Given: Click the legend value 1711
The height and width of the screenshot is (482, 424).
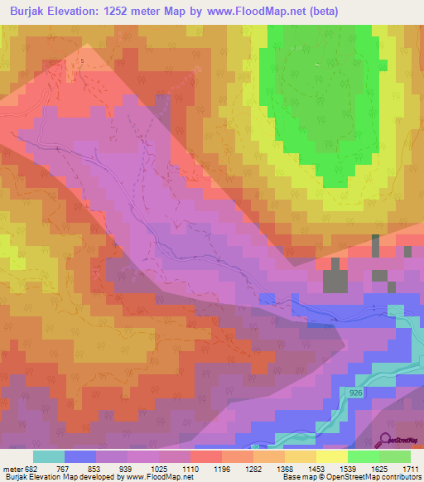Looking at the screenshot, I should [x=411, y=468].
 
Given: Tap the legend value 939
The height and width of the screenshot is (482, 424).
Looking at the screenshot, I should [x=129, y=468].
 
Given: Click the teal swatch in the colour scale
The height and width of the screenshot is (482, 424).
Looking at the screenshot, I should [x=49, y=456].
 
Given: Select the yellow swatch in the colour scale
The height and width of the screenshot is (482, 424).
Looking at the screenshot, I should [x=331, y=456].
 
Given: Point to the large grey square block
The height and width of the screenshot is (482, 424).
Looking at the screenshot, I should [x=335, y=281].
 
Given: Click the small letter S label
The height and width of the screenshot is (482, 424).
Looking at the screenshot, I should [x=81, y=60].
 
